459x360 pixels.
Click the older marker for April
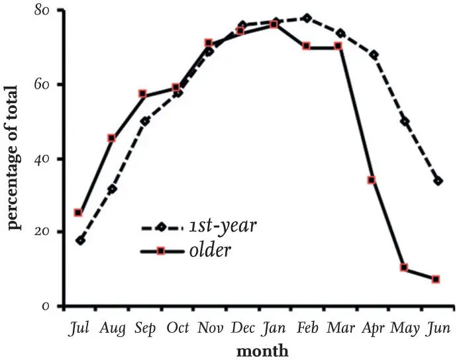coord(372,180)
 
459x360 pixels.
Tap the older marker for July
coord(78,213)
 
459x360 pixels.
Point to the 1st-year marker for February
coord(306,18)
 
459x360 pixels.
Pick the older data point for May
coord(404,268)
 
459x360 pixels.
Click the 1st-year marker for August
coord(112,189)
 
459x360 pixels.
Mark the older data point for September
coord(142,94)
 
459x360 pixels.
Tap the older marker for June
coord(436,280)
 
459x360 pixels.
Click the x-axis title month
coord(263,350)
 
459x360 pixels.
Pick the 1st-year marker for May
coord(405,122)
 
